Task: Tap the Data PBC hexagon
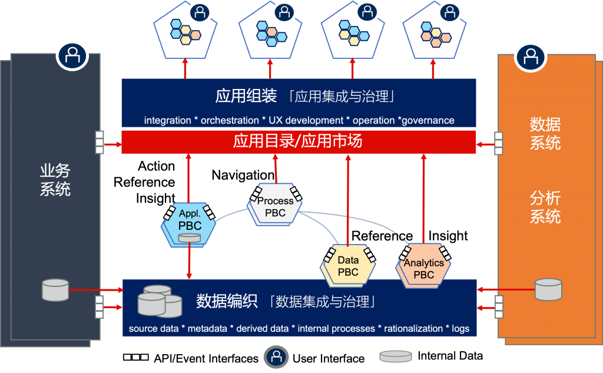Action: click(x=348, y=266)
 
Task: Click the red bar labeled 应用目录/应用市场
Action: click(x=298, y=142)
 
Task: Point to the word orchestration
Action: click(x=230, y=120)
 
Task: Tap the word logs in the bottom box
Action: click(x=460, y=328)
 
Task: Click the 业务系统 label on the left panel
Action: click(x=55, y=180)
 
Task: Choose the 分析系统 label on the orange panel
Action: click(x=545, y=207)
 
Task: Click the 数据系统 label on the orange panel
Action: click(x=545, y=134)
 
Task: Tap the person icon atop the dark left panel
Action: click(x=72, y=57)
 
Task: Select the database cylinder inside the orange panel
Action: click(x=548, y=288)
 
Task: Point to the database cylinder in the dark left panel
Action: click(x=55, y=289)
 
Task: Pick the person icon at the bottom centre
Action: click(x=276, y=357)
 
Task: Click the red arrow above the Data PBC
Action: click(x=348, y=200)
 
